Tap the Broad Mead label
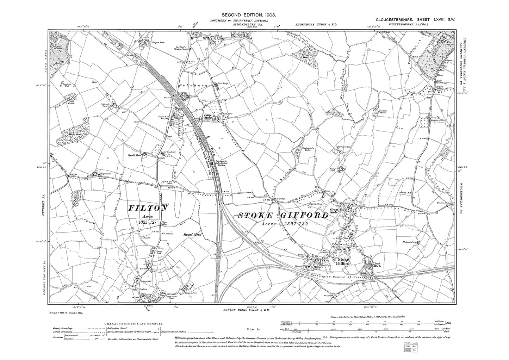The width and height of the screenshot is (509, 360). point(192,234)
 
